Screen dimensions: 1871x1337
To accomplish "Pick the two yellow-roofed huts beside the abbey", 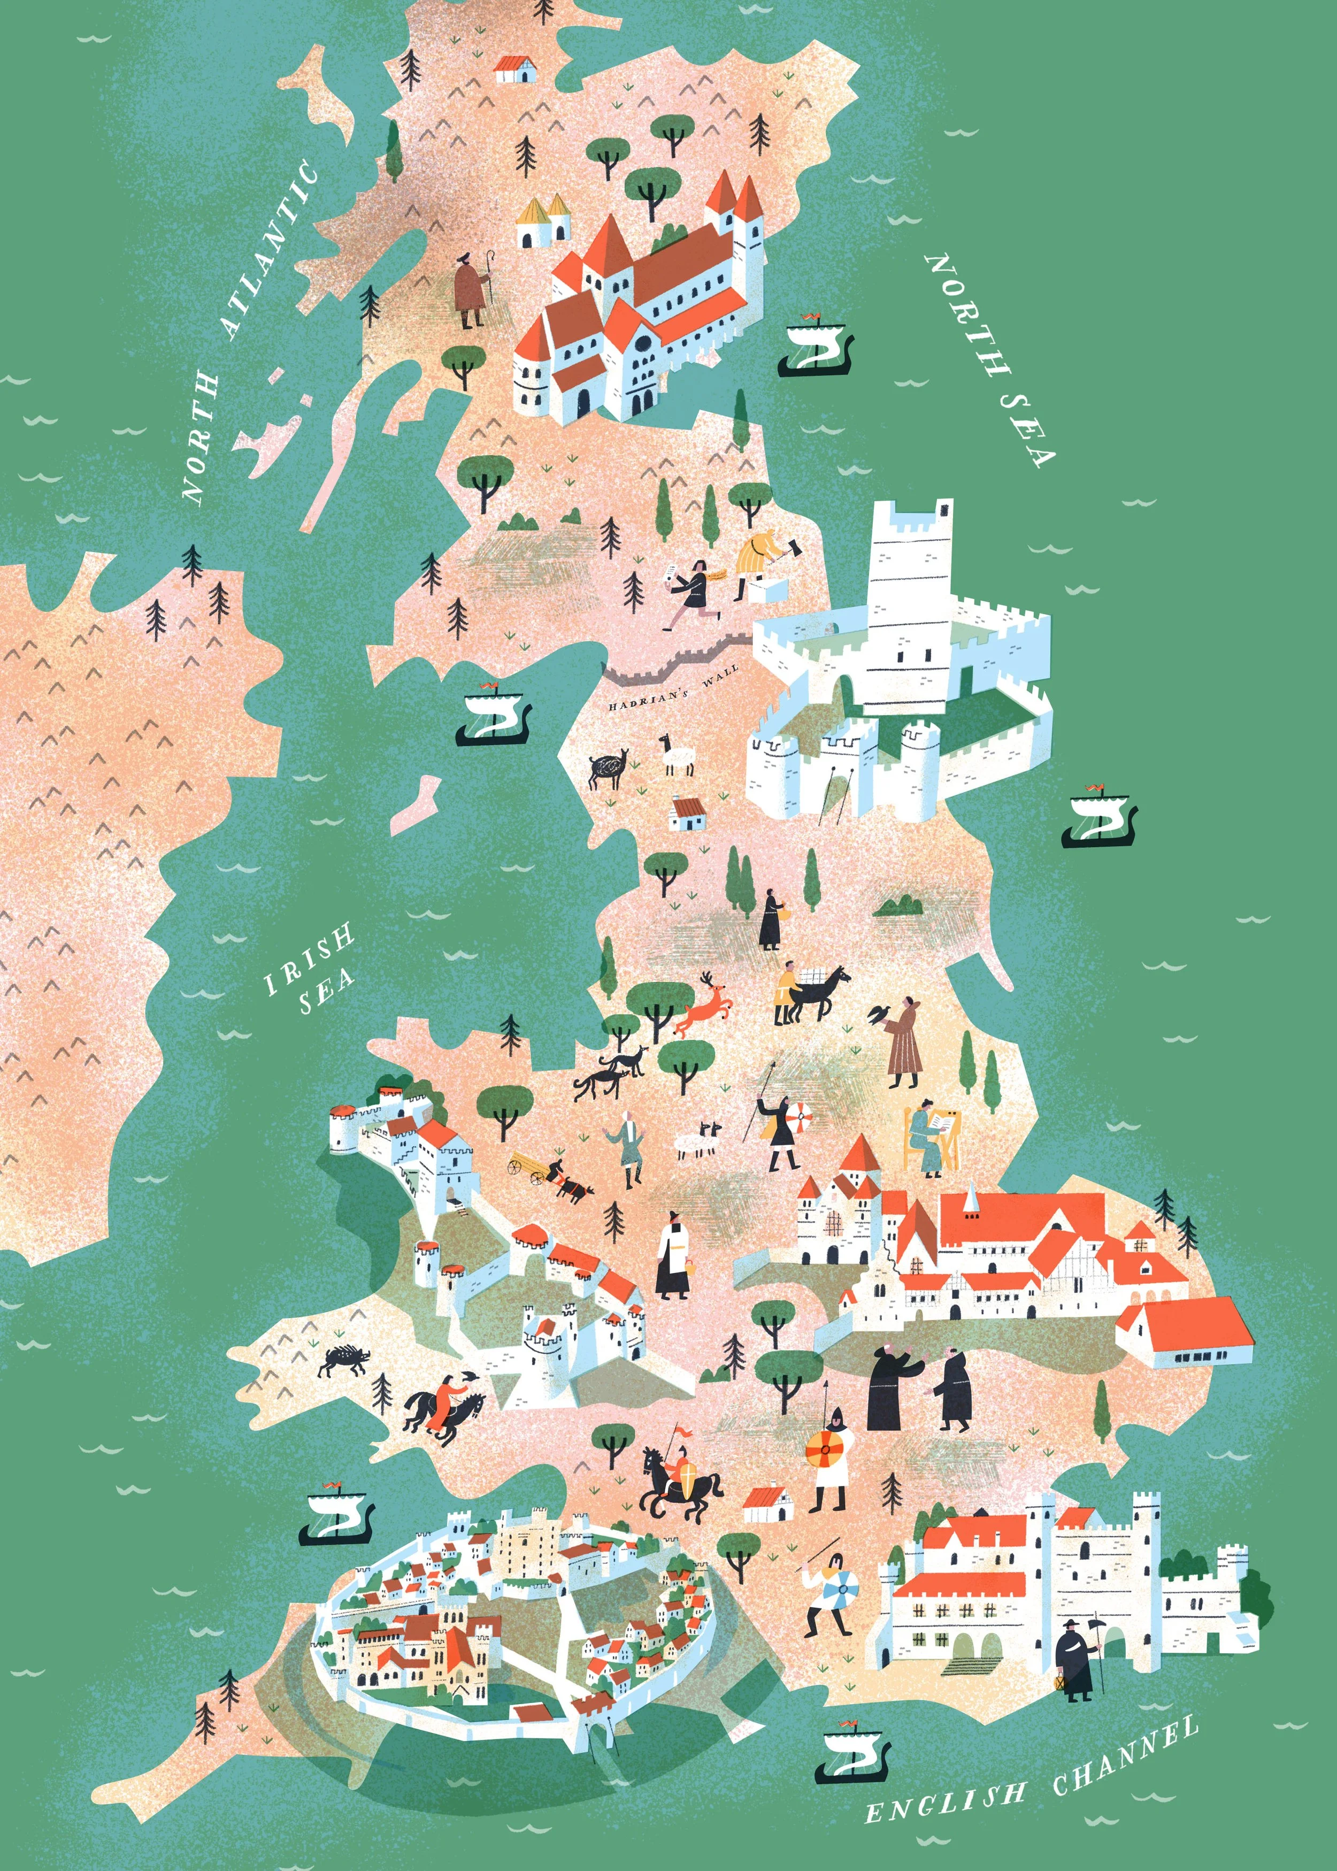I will pos(543,220).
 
